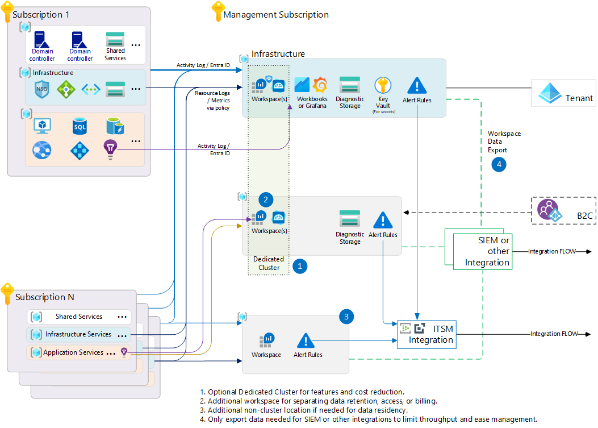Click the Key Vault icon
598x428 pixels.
coord(383,86)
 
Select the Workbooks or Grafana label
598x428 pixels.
coord(312,102)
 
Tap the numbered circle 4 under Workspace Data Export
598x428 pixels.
coord(499,164)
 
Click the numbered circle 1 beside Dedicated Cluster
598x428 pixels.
coord(299,266)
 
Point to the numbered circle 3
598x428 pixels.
coord(346,317)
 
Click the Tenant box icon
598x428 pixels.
coord(549,92)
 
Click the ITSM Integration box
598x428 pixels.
coord(426,334)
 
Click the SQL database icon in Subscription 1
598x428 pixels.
coord(80,126)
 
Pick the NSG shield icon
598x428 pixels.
coord(42,89)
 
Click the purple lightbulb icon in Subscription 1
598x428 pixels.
coord(110,149)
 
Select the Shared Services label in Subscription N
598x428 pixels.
coord(79,317)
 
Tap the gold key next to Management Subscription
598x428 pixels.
coord(216,12)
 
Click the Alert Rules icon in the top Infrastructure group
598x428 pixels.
coord(417,86)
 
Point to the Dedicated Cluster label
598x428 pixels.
coord(269,263)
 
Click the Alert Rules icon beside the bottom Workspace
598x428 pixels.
coord(306,341)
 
